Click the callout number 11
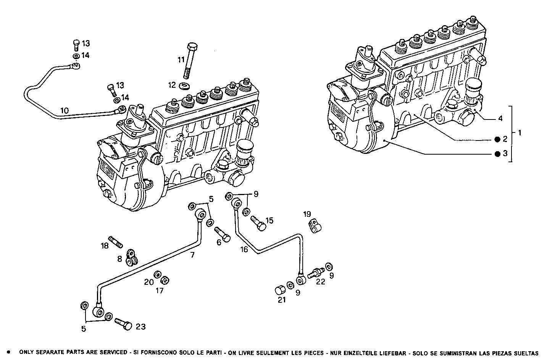pyautogui.click(x=181, y=60)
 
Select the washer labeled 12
pyautogui.click(x=185, y=84)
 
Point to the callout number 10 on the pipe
pyautogui.click(x=65, y=111)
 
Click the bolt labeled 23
pyautogui.click(x=123, y=325)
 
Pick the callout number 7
pyautogui.click(x=193, y=254)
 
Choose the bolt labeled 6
pyautogui.click(x=222, y=234)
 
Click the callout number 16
pyautogui.click(x=244, y=249)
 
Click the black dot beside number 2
pyautogui.click(x=497, y=139)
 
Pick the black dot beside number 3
pyautogui.click(x=497, y=154)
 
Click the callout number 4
pyautogui.click(x=500, y=118)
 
